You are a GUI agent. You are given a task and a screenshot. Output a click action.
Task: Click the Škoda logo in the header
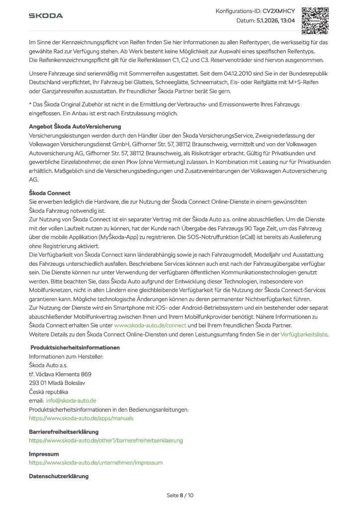click(46, 15)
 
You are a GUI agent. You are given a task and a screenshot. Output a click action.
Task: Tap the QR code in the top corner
click(315, 19)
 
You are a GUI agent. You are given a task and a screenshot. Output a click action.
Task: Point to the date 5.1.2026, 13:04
click(276, 21)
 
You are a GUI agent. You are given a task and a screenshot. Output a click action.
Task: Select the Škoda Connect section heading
click(50, 193)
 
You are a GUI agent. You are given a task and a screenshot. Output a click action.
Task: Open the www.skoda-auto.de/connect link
click(150, 325)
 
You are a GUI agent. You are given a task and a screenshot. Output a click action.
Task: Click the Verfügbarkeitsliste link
click(304, 335)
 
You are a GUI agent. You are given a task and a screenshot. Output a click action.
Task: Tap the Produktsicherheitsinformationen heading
click(75, 347)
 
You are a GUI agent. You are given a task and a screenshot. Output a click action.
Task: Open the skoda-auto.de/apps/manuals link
click(81, 418)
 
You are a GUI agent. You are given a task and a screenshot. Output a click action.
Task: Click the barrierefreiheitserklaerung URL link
click(106, 440)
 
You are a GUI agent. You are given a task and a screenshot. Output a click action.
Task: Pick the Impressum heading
click(44, 454)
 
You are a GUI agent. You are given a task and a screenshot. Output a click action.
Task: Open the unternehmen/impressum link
click(95, 462)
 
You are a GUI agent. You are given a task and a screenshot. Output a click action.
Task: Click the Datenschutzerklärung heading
click(59, 476)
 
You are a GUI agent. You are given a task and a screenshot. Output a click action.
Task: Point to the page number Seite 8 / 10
click(180, 495)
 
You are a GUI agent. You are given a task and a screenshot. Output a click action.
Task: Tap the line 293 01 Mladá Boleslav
click(57, 383)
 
